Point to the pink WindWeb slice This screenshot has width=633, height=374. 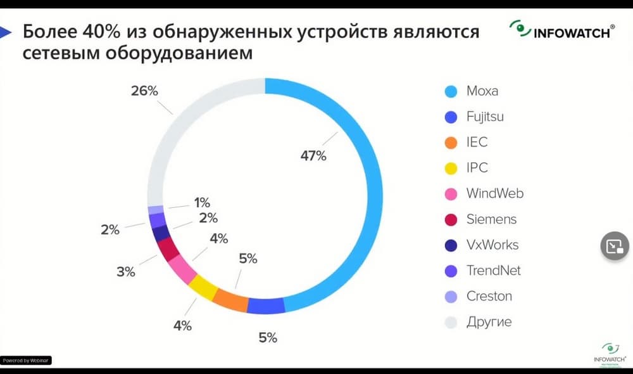click(x=182, y=269)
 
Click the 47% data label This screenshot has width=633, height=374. click(x=313, y=155)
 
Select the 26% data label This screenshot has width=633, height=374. click(x=144, y=91)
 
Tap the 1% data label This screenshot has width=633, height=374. click(x=202, y=203)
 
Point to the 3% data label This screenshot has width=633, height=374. click(x=126, y=272)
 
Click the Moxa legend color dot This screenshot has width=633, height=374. click(x=451, y=91)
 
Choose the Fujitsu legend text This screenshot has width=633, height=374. click(x=485, y=117)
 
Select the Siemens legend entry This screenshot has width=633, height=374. click(x=491, y=219)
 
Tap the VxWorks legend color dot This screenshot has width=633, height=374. click(x=451, y=245)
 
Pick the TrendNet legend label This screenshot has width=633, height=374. click(x=493, y=271)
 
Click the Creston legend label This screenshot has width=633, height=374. click(x=489, y=296)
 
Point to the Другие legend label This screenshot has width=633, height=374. click(x=489, y=322)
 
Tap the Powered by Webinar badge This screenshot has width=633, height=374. click(x=26, y=360)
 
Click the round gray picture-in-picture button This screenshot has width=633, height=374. click(x=614, y=247)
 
